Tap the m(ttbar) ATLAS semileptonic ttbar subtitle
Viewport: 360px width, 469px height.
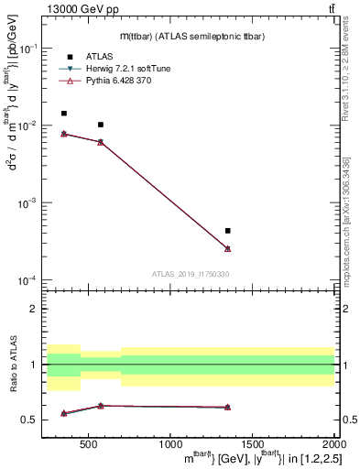pyautogui.click(x=184, y=36)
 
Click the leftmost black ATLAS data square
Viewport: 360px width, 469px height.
pyautogui.click(x=63, y=114)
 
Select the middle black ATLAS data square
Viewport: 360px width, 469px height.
pyautogui.click(x=101, y=125)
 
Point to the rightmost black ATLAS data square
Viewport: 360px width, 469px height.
pyautogui.click(x=227, y=231)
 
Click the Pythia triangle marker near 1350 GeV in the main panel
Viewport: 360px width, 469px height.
pyautogui.click(x=227, y=248)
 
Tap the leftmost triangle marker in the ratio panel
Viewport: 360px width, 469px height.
pyautogui.click(x=63, y=413)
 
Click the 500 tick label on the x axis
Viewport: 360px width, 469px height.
pyautogui.click(x=89, y=442)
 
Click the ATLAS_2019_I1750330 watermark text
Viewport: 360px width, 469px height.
pyautogui.click(x=190, y=274)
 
